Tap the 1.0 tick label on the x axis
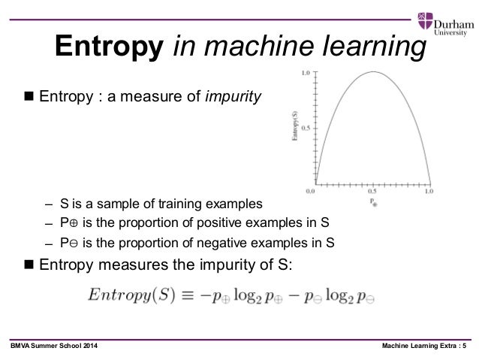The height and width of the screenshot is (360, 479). tap(429, 192)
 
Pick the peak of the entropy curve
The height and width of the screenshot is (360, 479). tap(372, 72)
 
